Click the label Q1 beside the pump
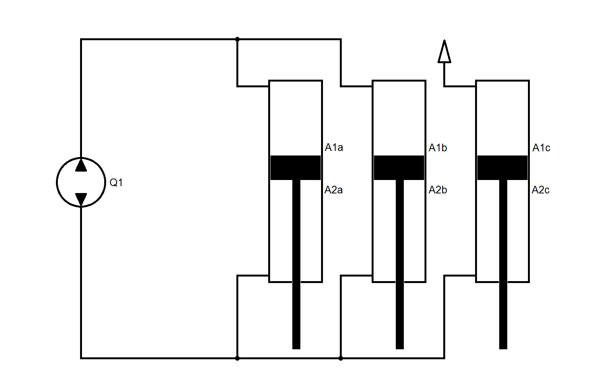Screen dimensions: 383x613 tap(116, 183)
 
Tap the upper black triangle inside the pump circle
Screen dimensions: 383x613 tap(81, 165)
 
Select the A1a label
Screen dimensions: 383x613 tap(334, 148)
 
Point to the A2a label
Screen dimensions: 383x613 tap(333, 190)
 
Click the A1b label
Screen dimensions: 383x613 tap(438, 148)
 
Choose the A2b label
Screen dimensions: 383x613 tap(438, 190)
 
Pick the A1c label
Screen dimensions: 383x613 tap(541, 148)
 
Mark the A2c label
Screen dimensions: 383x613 tap(540, 190)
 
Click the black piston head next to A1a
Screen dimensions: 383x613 tap(295, 168)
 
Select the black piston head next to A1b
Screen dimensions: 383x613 tap(399, 168)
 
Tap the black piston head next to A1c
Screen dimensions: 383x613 tap(502, 168)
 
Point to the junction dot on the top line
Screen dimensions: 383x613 tap(238, 39)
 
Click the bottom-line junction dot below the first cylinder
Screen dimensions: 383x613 tap(238, 358)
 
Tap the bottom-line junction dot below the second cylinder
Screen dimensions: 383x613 tap(341, 358)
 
